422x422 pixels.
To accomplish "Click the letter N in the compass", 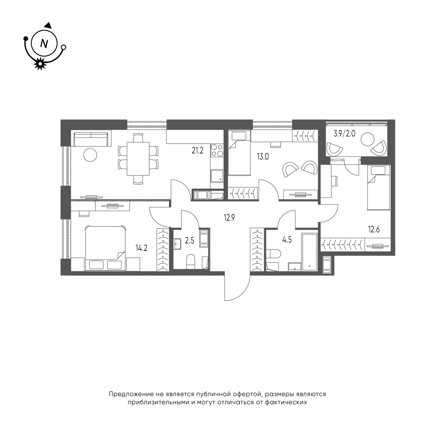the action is coord(44,43).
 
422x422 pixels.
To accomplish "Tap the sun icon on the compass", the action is coord(40,64).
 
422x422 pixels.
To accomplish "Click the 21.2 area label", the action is coord(197,151).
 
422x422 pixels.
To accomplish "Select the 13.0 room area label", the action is coord(262,157).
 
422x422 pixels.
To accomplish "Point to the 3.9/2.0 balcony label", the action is coord(344,133).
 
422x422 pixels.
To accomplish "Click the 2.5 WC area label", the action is coord(189,240).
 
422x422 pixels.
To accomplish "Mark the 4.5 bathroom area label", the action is coord(287,240).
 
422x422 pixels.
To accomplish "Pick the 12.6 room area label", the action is coord(374,230).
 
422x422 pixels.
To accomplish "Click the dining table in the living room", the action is coord(138,159).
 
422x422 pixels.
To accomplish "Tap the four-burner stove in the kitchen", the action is coord(217,151).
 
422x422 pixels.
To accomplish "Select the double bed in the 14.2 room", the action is coord(105,248).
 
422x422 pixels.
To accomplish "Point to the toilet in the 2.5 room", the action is coord(191,261).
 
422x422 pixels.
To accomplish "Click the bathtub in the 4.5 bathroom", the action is coord(310,252).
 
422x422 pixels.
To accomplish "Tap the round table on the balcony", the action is coord(368,140).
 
